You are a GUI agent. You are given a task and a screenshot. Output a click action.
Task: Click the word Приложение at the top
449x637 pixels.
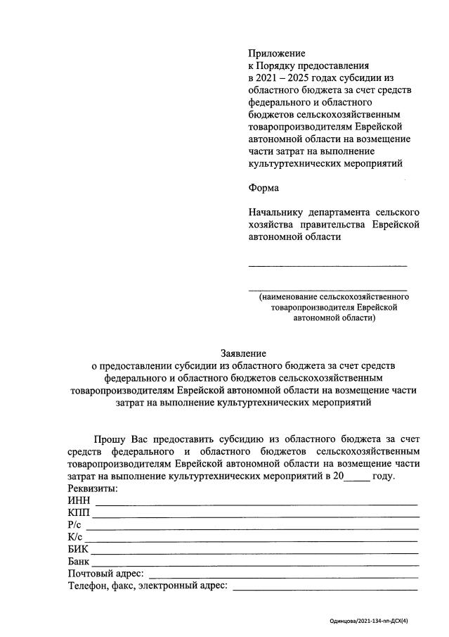tap(277, 53)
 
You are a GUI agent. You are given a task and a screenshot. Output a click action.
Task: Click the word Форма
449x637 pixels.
tap(263, 188)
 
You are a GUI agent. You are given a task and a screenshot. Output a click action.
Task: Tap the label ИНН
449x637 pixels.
tap(79, 500)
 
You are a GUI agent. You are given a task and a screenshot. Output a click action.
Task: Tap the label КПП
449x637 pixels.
tap(79, 513)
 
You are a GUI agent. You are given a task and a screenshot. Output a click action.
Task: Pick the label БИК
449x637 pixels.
tap(79, 550)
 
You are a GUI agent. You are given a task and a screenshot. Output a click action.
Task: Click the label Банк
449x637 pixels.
tap(79, 562)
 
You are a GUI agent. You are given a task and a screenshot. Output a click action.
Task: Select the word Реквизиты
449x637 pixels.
tap(93, 488)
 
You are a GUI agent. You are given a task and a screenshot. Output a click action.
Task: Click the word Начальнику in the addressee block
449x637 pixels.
tap(277, 212)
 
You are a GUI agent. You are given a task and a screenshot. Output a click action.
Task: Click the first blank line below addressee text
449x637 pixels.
tap(327, 265)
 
